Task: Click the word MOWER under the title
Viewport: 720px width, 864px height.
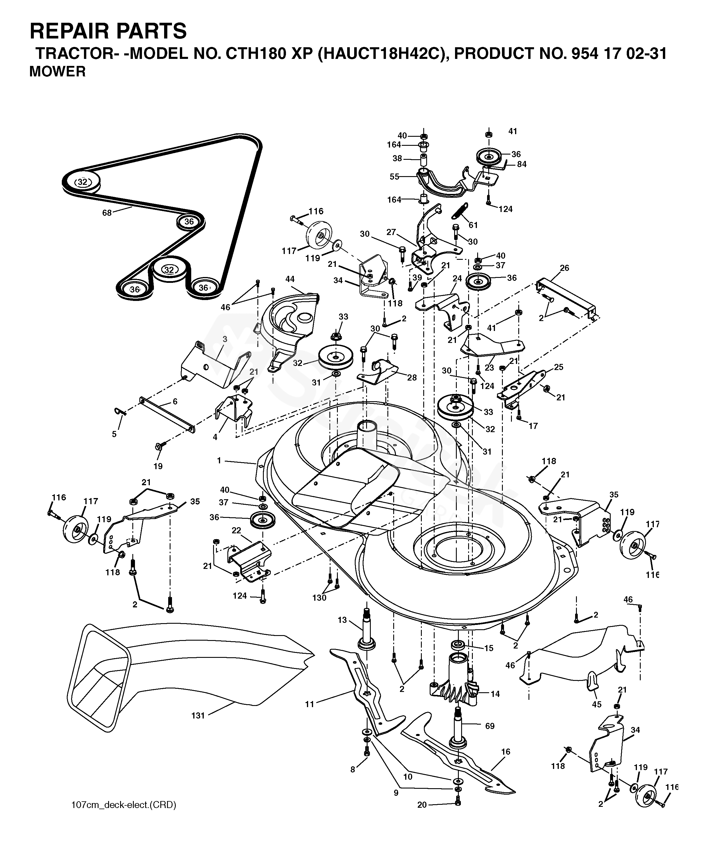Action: (x=57, y=72)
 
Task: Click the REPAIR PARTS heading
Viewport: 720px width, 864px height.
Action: (x=108, y=31)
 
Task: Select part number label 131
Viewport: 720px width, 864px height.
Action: (x=198, y=716)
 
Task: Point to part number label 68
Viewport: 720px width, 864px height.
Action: (x=107, y=213)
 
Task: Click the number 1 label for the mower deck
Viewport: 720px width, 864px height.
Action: (x=219, y=461)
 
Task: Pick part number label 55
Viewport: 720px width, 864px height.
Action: (x=394, y=176)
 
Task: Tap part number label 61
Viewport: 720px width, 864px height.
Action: (x=473, y=225)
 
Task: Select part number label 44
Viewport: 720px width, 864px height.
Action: (x=290, y=279)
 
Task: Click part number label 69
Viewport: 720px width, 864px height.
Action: (x=490, y=726)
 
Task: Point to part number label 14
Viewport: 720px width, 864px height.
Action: (x=495, y=694)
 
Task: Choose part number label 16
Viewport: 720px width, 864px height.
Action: (x=505, y=752)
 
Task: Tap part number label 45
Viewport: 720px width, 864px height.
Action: (x=596, y=704)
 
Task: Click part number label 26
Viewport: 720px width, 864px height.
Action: (x=565, y=268)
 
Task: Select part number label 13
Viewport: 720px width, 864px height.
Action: (x=343, y=620)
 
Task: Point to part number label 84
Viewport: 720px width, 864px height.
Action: (x=522, y=164)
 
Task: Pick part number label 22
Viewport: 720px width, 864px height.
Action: (x=236, y=530)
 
